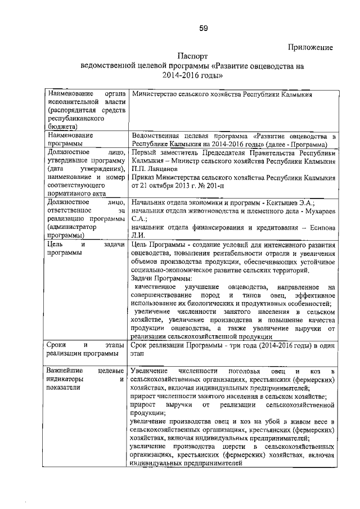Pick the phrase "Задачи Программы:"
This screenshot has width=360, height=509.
[161, 278]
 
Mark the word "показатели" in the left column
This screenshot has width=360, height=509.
[66, 388]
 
